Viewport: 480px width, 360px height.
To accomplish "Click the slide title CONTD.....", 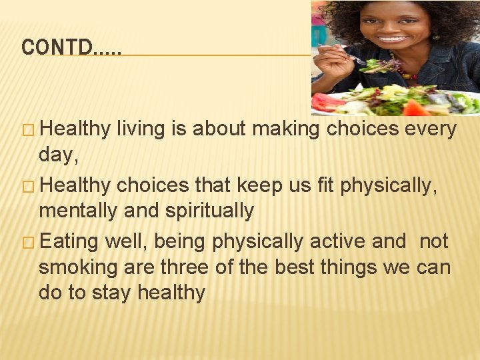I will [x=71, y=47].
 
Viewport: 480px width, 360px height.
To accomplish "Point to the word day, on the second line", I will [x=58, y=156].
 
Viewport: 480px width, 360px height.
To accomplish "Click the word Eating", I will [x=69, y=241].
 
